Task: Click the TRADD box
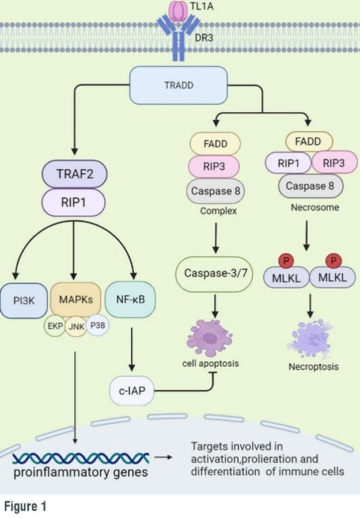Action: [x=179, y=85]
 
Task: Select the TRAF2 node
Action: [x=74, y=174]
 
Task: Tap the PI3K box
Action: [x=24, y=300]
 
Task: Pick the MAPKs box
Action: [x=75, y=299]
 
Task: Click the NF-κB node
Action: [x=130, y=299]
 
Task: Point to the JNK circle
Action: [x=76, y=327]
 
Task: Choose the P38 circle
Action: [x=97, y=325]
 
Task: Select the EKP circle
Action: [x=55, y=326]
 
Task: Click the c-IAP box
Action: [x=132, y=391]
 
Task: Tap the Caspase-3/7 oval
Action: [x=215, y=273]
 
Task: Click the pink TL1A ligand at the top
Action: [x=179, y=12]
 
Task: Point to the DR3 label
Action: [x=204, y=37]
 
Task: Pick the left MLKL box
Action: [x=286, y=278]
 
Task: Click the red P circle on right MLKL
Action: [x=334, y=261]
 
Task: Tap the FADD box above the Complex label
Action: [x=215, y=144]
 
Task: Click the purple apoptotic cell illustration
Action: [x=209, y=338]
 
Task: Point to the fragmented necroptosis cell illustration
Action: [x=309, y=339]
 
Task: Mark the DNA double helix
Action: [x=81, y=459]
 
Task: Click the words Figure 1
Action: [x=25, y=506]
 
